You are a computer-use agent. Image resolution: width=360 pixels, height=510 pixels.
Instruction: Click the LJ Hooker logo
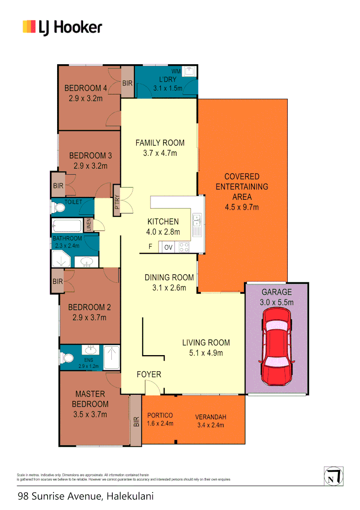(x=62, y=27)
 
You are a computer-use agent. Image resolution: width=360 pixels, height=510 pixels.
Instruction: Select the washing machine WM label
(x=176, y=71)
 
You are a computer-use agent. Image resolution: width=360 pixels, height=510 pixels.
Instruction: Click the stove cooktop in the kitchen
(x=184, y=246)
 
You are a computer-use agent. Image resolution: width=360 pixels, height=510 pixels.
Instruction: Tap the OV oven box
(x=168, y=247)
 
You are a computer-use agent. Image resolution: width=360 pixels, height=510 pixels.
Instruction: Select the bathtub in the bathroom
(x=67, y=225)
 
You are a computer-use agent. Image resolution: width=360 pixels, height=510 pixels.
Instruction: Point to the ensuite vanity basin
(x=90, y=350)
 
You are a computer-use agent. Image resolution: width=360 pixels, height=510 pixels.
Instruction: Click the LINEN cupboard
(x=88, y=224)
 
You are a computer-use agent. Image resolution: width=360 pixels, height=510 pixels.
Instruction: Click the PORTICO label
(x=160, y=415)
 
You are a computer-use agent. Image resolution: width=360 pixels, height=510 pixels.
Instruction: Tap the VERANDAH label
(x=211, y=417)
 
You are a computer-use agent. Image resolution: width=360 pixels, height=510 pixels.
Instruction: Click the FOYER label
(x=149, y=374)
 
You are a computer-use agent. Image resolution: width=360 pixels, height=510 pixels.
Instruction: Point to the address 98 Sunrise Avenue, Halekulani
(x=86, y=496)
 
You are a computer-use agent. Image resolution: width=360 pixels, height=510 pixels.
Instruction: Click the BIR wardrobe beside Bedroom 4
(x=127, y=83)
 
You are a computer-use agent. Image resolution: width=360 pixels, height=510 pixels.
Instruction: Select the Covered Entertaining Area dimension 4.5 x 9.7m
(x=242, y=207)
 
